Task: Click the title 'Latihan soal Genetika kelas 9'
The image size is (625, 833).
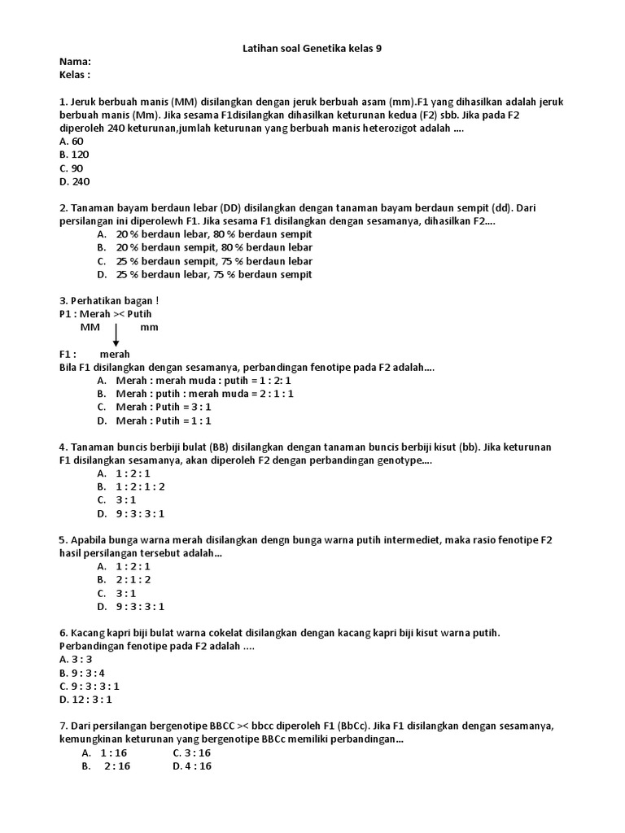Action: [x=312, y=48]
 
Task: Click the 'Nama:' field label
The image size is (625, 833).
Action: [x=75, y=62]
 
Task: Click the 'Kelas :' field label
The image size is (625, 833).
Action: [x=75, y=75]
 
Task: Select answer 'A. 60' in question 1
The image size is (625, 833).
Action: [x=72, y=141]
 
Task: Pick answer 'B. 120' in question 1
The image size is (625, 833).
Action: [x=75, y=155]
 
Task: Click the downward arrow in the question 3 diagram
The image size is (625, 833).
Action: [x=116, y=334]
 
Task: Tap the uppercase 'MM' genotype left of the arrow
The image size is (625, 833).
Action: [x=90, y=327]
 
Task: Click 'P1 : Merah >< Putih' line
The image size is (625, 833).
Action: [x=105, y=314]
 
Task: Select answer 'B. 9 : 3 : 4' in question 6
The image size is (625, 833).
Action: [x=82, y=673]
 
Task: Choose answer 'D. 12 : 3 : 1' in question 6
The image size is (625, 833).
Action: [x=85, y=699]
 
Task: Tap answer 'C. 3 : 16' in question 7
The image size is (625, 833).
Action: [x=192, y=752]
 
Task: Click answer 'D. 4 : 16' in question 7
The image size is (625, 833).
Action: [x=192, y=766]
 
